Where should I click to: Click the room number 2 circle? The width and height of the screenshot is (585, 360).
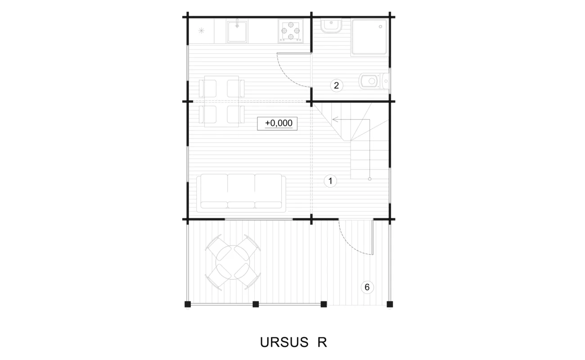tap(337, 85)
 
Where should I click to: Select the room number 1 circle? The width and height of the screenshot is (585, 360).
tap(330, 181)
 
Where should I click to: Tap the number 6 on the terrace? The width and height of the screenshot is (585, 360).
tap(367, 287)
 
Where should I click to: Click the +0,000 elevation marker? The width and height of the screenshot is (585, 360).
tap(277, 123)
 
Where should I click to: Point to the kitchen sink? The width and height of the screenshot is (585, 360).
tap(237, 31)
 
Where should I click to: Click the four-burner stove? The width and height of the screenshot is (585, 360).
tap(291, 31)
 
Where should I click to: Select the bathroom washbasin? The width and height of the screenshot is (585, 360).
tap(331, 26)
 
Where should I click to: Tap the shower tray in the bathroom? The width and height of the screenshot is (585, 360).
tap(369, 37)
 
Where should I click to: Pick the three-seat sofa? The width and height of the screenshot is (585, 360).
tap(241, 193)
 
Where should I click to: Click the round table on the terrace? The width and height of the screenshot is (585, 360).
tap(233, 262)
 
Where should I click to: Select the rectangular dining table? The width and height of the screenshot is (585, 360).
tap(221, 101)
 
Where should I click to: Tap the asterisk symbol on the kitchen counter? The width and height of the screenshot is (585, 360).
tap(201, 31)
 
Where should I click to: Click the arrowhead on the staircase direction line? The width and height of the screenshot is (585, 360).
tap(335, 119)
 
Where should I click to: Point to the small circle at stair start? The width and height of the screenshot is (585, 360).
tap(370, 179)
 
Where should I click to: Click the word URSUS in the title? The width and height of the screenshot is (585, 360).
tap(284, 342)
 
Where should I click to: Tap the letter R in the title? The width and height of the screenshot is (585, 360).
tap(322, 342)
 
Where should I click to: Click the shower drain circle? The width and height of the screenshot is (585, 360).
tap(381, 27)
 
